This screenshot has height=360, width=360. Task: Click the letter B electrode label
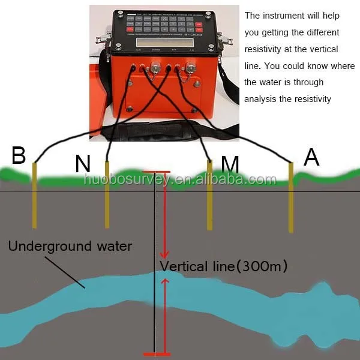(x=19, y=155)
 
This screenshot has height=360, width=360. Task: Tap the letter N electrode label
(x=83, y=164)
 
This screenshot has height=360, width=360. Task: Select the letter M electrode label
(x=229, y=164)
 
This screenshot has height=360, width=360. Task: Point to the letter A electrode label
(x=311, y=157)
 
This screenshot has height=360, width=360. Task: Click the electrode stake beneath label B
(x=35, y=195)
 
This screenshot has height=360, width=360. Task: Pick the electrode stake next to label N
(x=107, y=195)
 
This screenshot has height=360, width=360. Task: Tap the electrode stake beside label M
(x=209, y=195)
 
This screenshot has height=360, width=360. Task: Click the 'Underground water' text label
(x=70, y=246)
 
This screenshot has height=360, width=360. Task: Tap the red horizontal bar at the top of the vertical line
(x=157, y=172)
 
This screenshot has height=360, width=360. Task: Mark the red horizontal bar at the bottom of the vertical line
(x=157, y=353)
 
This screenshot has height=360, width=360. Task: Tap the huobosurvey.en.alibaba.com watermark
(x=180, y=179)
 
